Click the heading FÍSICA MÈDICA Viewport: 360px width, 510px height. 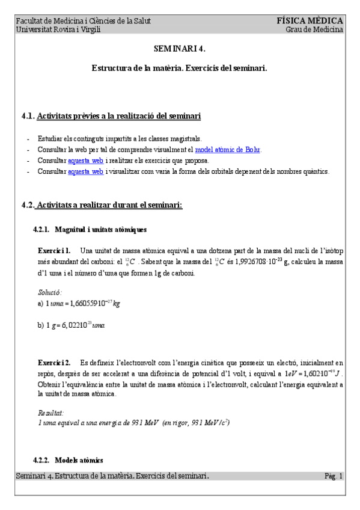pos(310,20)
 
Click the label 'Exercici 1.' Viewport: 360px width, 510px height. pos(54,250)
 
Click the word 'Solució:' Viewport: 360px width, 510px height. pos(50,292)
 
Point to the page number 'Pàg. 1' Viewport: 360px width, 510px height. pos(334,476)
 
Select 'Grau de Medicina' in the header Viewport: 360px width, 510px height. pos(314,29)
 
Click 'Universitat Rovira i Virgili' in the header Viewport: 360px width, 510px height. pos(58,29)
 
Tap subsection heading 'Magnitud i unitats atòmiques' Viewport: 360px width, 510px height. pos(100,229)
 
